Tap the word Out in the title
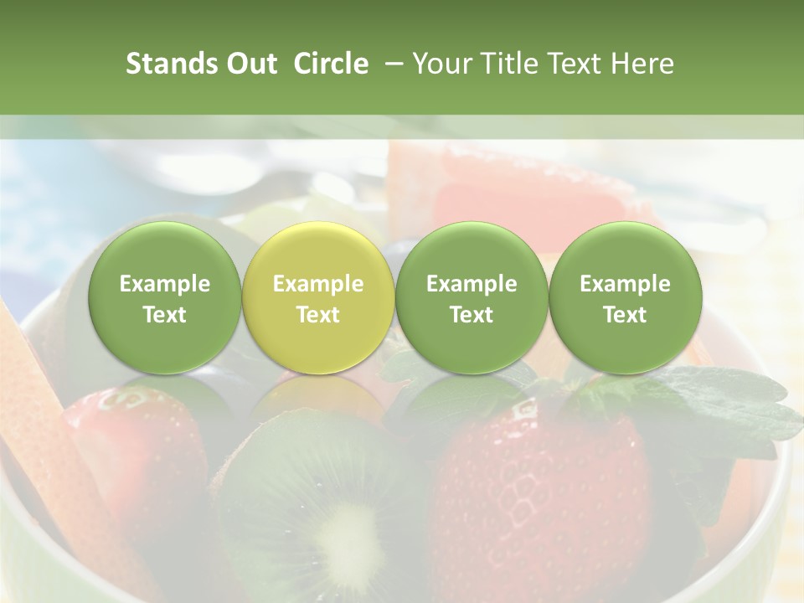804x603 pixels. (250, 64)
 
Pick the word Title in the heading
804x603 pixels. (503, 64)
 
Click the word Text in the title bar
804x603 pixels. (574, 64)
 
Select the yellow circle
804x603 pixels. (318, 297)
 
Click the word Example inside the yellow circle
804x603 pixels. (318, 284)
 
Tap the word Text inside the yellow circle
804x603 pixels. (318, 315)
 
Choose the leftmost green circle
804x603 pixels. (165, 297)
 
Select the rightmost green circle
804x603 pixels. (626, 297)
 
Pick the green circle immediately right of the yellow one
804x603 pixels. (472, 297)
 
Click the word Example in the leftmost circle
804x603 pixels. (165, 284)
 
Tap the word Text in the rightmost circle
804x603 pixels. (626, 315)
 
